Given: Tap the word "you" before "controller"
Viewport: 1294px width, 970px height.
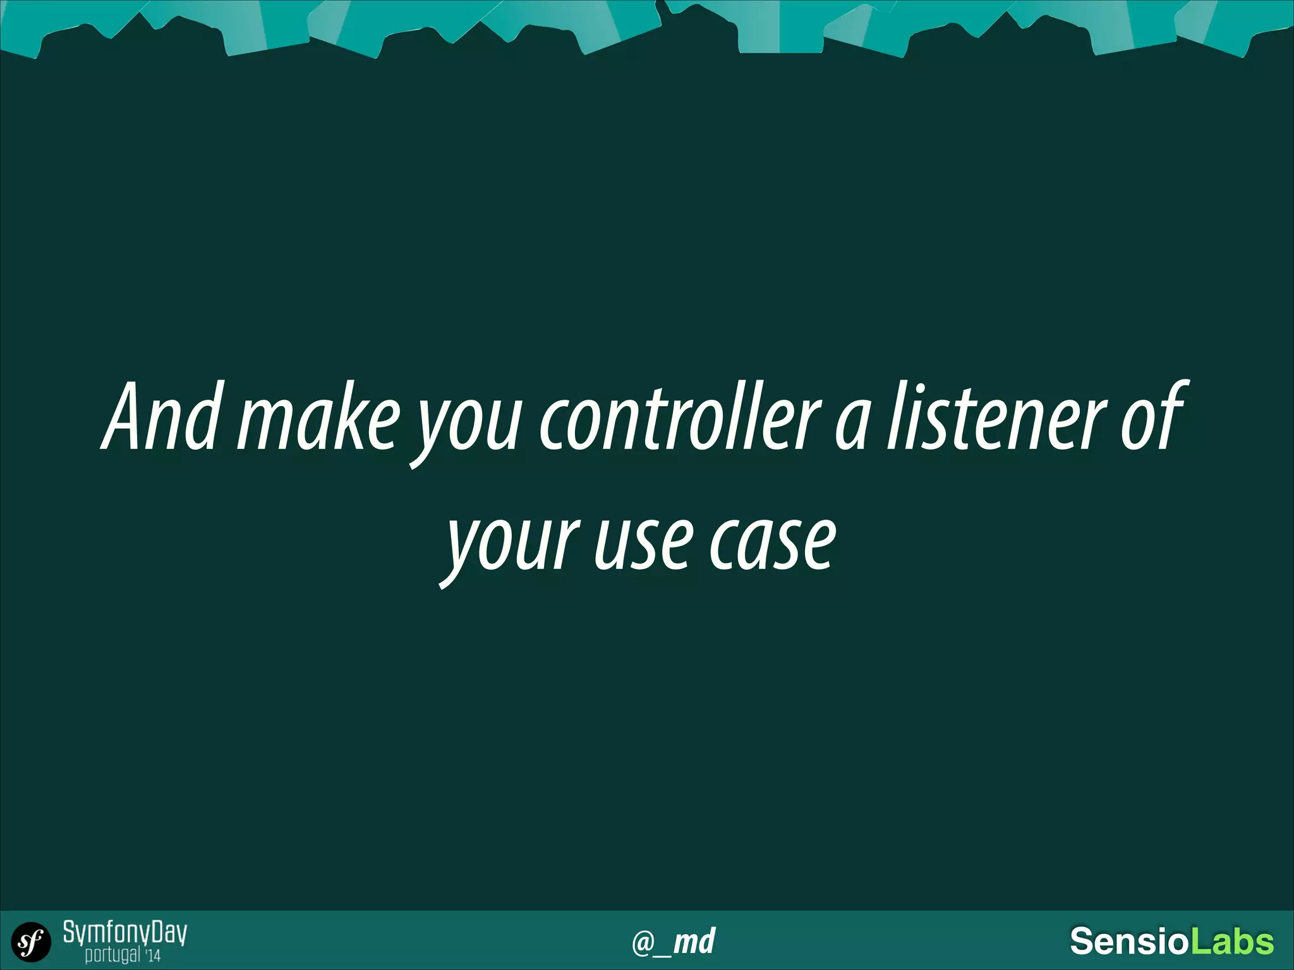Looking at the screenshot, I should [x=468, y=423].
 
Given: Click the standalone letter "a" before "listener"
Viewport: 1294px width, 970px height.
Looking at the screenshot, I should [x=850, y=423].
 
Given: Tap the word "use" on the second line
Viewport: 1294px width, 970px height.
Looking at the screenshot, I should [x=641, y=543].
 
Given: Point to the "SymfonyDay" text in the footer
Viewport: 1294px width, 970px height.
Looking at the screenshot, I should [x=124, y=932].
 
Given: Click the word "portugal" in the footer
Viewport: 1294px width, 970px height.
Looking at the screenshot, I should [x=112, y=954].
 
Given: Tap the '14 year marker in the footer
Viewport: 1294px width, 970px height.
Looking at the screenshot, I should [x=152, y=955].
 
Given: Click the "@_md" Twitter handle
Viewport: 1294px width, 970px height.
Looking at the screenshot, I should [x=674, y=941].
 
